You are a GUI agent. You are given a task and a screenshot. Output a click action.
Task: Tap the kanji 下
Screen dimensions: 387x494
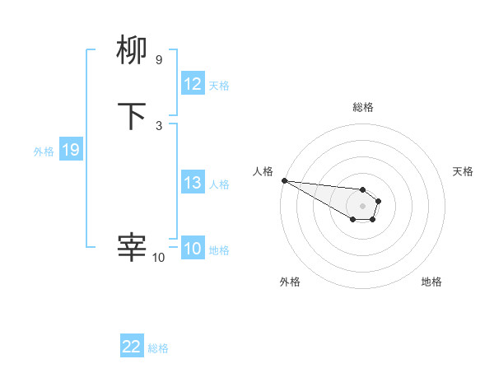click(x=132, y=116)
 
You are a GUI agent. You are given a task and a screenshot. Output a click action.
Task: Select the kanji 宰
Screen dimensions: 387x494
click(x=132, y=247)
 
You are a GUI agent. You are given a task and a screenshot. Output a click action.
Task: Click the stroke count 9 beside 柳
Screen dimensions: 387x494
click(x=158, y=59)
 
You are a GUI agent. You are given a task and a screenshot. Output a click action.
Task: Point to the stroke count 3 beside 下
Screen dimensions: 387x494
click(x=158, y=125)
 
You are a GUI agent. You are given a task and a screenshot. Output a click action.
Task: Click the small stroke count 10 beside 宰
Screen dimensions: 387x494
click(x=158, y=258)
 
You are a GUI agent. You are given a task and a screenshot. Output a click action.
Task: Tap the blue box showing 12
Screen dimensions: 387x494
click(x=193, y=84)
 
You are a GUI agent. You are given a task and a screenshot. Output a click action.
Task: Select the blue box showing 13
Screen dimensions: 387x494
click(x=193, y=183)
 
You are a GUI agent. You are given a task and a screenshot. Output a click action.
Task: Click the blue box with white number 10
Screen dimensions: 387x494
click(x=193, y=249)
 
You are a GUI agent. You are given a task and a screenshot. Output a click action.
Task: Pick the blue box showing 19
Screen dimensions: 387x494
click(x=71, y=150)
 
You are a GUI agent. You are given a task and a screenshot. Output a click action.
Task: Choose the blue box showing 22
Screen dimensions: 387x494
click(x=132, y=347)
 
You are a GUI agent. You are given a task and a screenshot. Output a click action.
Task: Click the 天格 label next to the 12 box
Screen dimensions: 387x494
click(x=219, y=86)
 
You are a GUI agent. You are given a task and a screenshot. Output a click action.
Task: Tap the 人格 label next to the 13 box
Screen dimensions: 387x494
click(x=219, y=184)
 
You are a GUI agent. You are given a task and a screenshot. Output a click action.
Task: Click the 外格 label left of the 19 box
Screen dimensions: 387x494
click(x=44, y=152)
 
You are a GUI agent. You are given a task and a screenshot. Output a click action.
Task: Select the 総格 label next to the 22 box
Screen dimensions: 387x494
click(x=158, y=348)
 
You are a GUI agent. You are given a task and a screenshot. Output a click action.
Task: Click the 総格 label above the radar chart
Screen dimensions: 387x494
click(x=363, y=107)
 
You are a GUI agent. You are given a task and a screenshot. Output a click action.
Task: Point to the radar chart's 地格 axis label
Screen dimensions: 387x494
click(x=431, y=282)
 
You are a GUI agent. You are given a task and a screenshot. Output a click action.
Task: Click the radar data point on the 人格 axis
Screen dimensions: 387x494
click(x=284, y=180)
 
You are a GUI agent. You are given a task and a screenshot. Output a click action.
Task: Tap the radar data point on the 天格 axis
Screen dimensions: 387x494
click(x=379, y=200)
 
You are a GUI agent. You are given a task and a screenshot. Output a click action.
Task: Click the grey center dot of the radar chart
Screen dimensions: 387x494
click(x=362, y=206)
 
